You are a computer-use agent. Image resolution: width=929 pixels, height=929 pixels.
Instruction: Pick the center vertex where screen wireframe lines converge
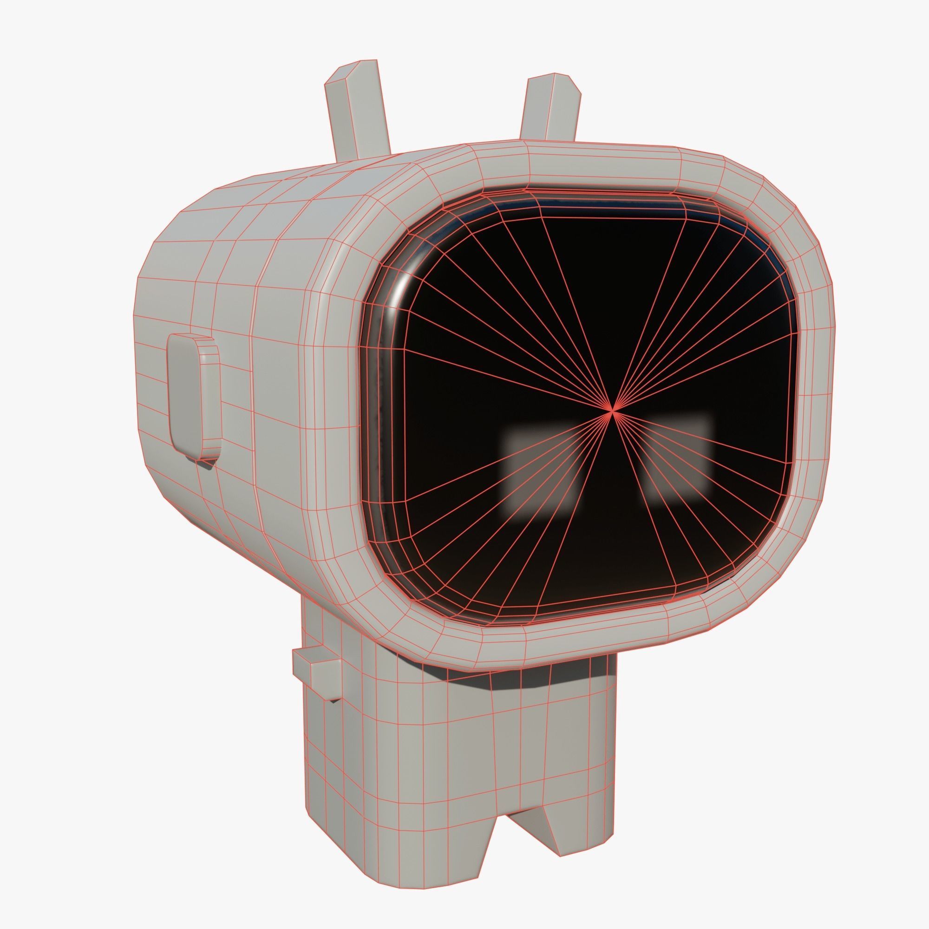tap(612, 410)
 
